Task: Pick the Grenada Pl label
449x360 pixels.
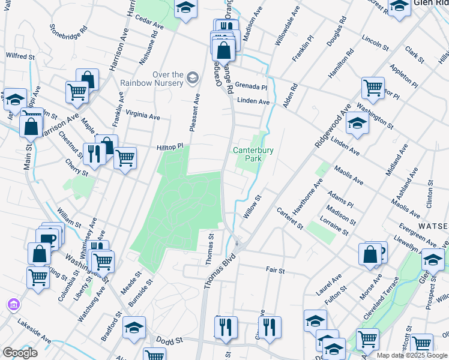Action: [251, 85]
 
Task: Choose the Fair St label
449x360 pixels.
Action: [276, 271]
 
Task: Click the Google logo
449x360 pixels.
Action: [20, 353]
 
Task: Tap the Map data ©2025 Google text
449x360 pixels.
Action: [411, 355]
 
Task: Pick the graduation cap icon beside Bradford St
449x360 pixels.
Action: [134, 327]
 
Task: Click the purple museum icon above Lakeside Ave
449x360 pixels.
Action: [13, 305]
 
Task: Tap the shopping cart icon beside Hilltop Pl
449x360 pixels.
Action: [125, 158]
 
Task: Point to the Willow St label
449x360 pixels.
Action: [253, 205]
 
